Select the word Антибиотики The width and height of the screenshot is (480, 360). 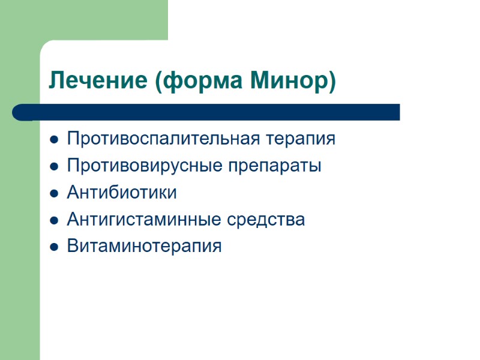point(122,193)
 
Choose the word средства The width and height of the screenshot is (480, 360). point(266,220)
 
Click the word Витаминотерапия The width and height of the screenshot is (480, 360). point(144,246)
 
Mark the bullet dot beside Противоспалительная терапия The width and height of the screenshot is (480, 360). point(54,140)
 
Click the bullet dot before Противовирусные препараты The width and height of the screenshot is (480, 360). point(54,167)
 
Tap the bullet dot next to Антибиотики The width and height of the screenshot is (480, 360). point(54,194)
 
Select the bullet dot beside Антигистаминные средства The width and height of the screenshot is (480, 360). point(54,221)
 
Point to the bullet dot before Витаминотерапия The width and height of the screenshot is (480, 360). point(54,247)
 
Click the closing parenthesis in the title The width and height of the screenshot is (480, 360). point(332,80)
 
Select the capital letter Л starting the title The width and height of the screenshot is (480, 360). point(56,80)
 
